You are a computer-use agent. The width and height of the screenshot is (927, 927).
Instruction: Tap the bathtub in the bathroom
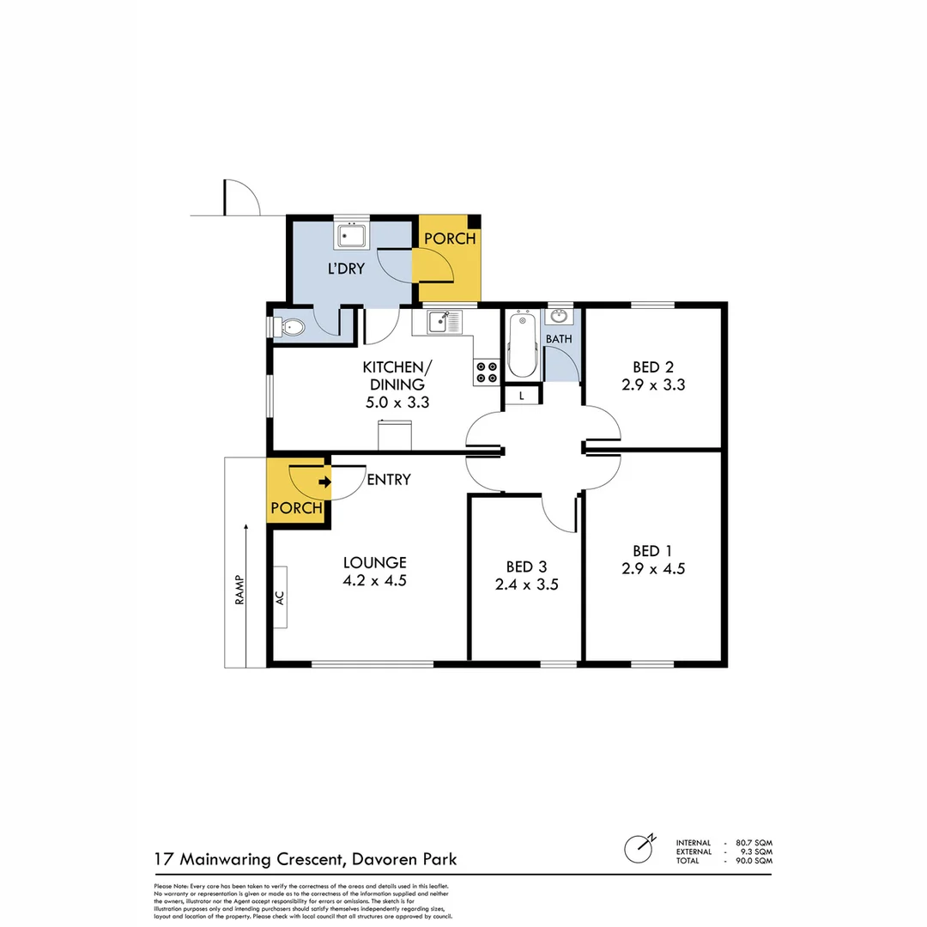(522, 348)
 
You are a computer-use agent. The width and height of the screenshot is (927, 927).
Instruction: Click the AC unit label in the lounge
(281, 597)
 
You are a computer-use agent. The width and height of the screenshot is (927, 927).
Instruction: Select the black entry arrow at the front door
(324, 482)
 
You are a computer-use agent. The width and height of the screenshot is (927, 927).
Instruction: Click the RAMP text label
(240, 590)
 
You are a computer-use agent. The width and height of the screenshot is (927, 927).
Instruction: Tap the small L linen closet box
(522, 395)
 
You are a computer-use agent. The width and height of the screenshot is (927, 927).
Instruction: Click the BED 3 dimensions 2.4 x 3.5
(526, 585)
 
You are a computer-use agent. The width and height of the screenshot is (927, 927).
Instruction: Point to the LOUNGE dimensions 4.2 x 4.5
(374, 580)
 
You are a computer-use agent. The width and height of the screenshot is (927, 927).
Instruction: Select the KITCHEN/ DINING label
(397, 375)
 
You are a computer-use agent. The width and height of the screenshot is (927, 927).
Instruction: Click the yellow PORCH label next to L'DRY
(449, 239)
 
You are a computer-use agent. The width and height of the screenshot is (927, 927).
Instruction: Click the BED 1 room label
(652, 550)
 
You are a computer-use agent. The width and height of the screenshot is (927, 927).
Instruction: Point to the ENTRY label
(388, 480)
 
